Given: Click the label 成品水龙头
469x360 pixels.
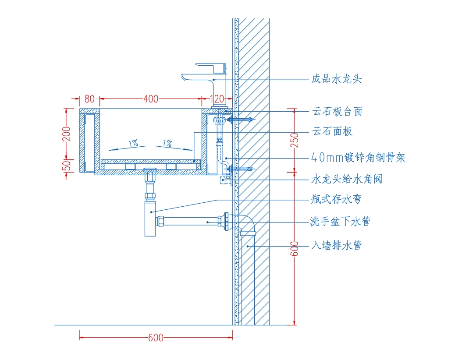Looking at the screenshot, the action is tap(337, 79).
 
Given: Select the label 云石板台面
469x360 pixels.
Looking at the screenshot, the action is tap(338, 111).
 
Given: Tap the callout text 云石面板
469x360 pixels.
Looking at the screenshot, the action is tap(332, 131).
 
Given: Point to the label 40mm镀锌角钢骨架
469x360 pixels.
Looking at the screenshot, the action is tap(358, 157).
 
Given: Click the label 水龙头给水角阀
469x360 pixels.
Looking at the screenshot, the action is tap(347, 179).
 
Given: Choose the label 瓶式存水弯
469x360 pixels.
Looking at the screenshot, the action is tap(336, 199).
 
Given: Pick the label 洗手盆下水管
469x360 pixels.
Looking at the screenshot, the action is tap(340, 221).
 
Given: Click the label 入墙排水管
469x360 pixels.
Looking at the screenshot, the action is tap(337, 245).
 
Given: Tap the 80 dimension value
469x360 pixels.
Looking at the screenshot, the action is tap(89, 99).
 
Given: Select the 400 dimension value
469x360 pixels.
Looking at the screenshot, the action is tap(151, 99).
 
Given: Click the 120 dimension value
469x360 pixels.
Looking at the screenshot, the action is tap(217, 99).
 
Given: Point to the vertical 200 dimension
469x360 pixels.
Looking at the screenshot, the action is tap(67, 134).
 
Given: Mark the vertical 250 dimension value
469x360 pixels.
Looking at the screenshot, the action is tap(295, 141).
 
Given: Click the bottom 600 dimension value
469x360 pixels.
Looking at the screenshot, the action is tap(156, 338).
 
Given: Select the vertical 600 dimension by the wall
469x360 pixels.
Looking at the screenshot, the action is tap(295, 249).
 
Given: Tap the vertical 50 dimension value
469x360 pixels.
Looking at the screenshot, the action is tap(67, 165).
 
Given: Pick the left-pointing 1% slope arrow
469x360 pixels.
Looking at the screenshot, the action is tap(128, 148).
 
